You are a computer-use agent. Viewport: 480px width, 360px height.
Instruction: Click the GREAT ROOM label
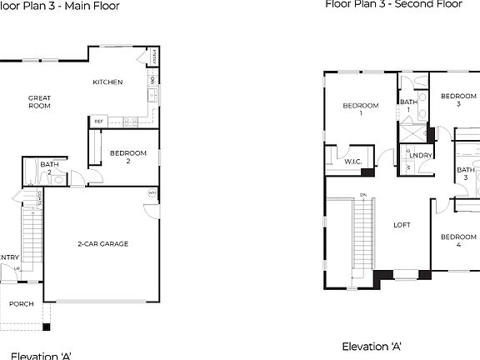(39, 102)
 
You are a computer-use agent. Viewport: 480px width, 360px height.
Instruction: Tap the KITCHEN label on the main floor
(108, 82)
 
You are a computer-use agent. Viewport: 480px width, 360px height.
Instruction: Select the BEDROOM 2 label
(128, 157)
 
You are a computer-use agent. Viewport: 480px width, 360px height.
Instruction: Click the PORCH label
(21, 304)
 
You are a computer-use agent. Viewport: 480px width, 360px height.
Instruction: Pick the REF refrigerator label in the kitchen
(98, 122)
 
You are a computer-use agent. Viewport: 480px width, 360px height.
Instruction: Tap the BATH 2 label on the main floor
(49, 167)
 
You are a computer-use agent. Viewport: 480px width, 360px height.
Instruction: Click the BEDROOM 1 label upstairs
(361, 109)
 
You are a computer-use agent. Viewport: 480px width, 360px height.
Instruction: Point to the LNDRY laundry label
(420, 156)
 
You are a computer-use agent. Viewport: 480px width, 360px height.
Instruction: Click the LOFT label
(402, 224)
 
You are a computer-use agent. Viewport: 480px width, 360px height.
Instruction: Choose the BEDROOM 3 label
(457, 99)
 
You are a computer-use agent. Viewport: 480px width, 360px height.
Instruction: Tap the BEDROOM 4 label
(459, 241)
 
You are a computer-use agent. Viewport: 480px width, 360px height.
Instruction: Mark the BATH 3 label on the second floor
(466, 174)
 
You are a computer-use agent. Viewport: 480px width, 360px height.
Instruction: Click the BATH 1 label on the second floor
(408, 106)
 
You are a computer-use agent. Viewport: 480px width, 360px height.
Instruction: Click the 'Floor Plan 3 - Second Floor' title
(392, 4)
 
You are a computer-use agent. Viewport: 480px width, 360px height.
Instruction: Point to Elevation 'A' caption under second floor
(372, 346)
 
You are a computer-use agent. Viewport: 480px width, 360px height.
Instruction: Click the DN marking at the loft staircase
(363, 196)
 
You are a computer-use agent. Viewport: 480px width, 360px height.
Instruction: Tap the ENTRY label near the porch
(9, 257)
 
